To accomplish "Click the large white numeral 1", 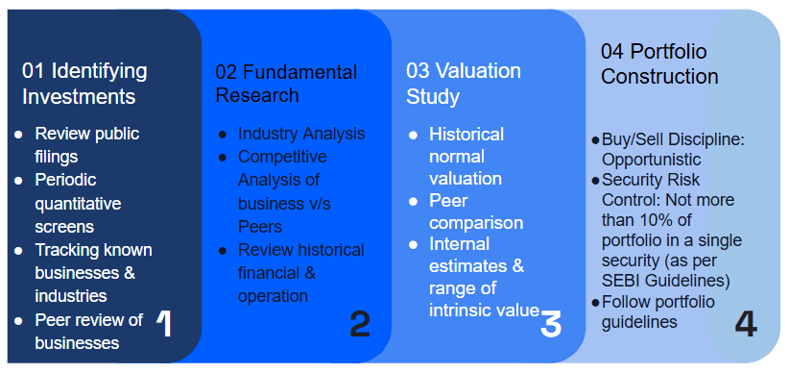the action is click(164, 324).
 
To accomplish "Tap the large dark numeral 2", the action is click(360, 324).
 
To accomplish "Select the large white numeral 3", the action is click(551, 324).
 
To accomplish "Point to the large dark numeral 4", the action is click(746, 324).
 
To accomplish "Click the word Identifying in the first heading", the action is click(99, 72).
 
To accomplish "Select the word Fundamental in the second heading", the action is click(300, 72).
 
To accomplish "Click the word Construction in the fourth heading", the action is click(659, 77).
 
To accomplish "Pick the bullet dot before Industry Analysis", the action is click(223, 135).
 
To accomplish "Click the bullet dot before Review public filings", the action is click(18, 135).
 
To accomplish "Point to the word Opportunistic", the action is click(652, 160).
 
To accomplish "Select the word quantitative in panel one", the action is click(78, 205).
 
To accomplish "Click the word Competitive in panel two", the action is click(282, 158).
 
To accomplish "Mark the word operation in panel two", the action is click(273, 296).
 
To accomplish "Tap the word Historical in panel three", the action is click(466, 135).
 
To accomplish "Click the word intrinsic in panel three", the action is click(462, 310).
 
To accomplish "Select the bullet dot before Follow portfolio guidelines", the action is click(596, 303).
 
